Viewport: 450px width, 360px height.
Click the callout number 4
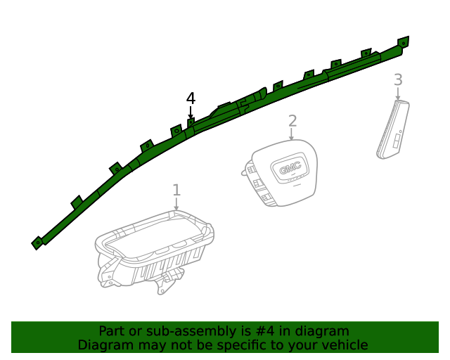click(x=191, y=98)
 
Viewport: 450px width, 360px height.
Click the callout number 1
click(x=176, y=190)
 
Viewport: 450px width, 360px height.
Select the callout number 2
click(x=292, y=121)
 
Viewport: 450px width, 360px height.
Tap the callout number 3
click(x=398, y=80)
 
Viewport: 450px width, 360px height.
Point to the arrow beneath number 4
click(x=191, y=112)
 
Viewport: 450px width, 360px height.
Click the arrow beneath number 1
click(x=176, y=204)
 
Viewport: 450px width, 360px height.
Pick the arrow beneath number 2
click(x=291, y=134)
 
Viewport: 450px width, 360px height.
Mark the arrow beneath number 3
click(x=398, y=94)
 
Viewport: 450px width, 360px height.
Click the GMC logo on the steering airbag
click(x=290, y=167)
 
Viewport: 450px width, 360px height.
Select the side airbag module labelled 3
click(x=393, y=129)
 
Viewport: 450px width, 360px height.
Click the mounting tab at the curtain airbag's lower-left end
click(x=37, y=243)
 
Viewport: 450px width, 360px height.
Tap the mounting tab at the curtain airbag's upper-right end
click(x=404, y=42)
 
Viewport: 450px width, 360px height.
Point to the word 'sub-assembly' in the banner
click(x=189, y=332)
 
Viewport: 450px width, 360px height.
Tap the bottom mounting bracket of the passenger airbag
click(x=166, y=283)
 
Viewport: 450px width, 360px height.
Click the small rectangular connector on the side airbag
click(x=397, y=141)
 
